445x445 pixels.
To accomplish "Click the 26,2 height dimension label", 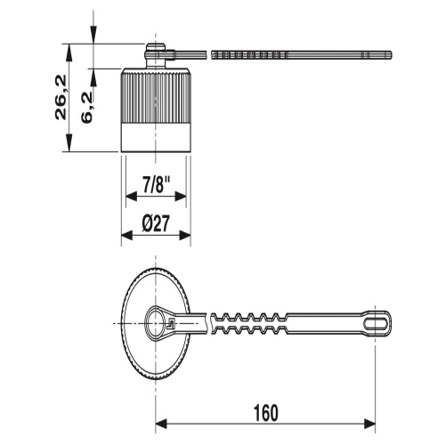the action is (x=61, y=97).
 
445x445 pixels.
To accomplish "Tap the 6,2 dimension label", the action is (x=87, y=108).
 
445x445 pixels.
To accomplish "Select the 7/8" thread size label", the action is (x=156, y=184).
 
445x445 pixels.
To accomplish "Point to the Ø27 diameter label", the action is (x=156, y=223).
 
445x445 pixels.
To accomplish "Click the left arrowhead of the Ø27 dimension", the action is (x=126, y=236).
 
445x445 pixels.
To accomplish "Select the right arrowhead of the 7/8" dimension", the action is (x=181, y=196).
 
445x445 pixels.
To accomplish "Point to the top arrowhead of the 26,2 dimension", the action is (x=69, y=50).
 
